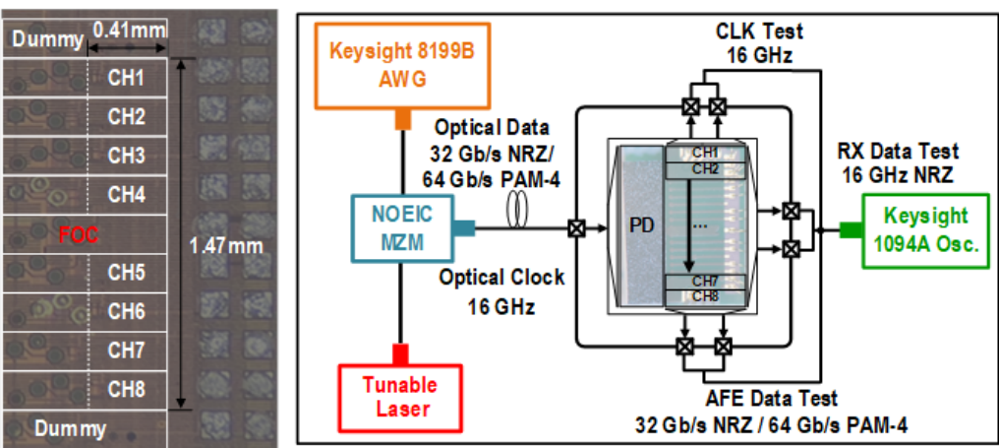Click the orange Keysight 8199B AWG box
pyautogui.click(x=404, y=66)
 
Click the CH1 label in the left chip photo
pyautogui.click(x=126, y=79)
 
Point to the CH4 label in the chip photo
pyautogui.click(x=126, y=195)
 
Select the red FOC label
pyautogui.click(x=79, y=235)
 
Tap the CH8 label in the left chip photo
pyautogui.click(x=126, y=389)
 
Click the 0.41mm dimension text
pyautogui.click(x=130, y=30)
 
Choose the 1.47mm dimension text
pyautogui.click(x=226, y=246)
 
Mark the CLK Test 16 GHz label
pyautogui.click(x=759, y=42)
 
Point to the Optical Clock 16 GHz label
pyautogui.click(x=500, y=291)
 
